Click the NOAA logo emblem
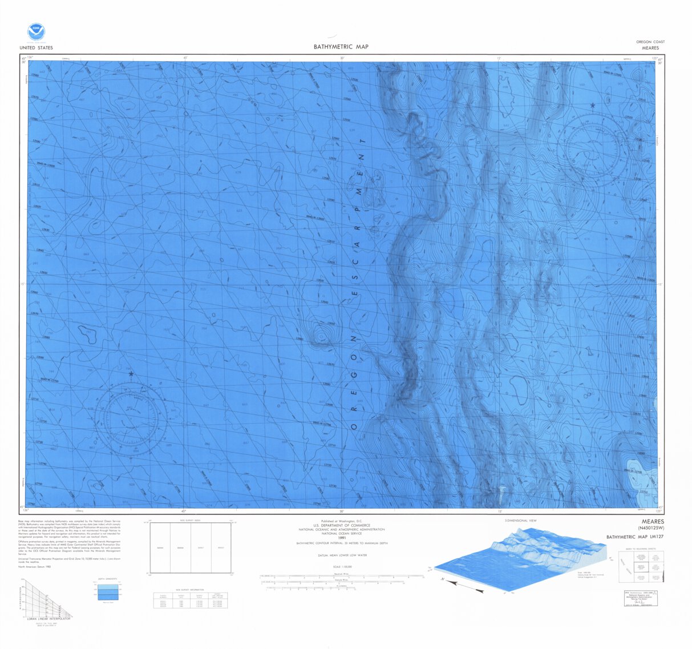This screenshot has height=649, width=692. click(x=35, y=31)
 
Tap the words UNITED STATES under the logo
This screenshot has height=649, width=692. click(x=36, y=48)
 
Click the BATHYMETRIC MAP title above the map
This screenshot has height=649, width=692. click(x=341, y=47)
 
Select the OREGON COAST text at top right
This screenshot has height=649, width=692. click(x=650, y=42)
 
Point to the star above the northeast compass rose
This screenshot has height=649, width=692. click(x=593, y=106)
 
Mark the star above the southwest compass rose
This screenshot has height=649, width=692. click(x=131, y=374)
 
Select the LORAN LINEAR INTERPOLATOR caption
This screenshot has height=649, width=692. click(x=48, y=619)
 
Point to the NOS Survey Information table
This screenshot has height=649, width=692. click(x=190, y=599)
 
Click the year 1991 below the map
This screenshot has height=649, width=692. click(x=342, y=538)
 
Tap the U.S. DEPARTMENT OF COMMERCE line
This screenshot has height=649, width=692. click(x=342, y=525)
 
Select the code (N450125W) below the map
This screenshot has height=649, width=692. click(x=650, y=529)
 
